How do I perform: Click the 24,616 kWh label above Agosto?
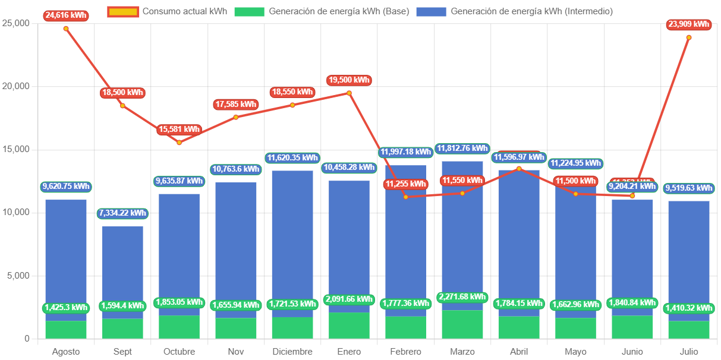click(65, 16)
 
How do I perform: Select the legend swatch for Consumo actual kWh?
click(123, 11)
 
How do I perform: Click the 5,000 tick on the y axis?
click(18, 276)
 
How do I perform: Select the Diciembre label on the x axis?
click(292, 352)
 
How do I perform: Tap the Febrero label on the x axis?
click(405, 352)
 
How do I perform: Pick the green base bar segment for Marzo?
click(462, 324)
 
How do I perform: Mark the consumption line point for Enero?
click(349, 93)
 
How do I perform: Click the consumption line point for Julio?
click(689, 37)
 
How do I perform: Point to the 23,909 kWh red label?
click(689, 24)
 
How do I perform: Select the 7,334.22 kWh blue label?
click(122, 213)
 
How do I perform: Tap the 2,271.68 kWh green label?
click(462, 297)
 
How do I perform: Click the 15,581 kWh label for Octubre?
click(179, 129)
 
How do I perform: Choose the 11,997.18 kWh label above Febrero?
click(405, 152)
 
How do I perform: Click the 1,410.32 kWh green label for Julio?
click(689, 308)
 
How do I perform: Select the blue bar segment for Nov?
click(235, 250)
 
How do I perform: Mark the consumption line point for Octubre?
click(179, 143)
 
